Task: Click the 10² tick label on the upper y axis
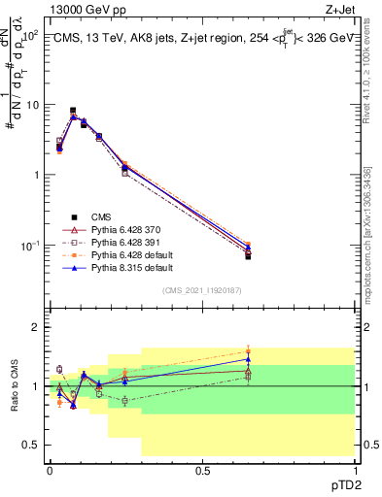click(31, 35)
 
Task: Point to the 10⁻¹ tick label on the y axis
click(30, 246)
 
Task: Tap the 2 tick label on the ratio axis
click(36, 327)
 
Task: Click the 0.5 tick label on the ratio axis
click(32, 445)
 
